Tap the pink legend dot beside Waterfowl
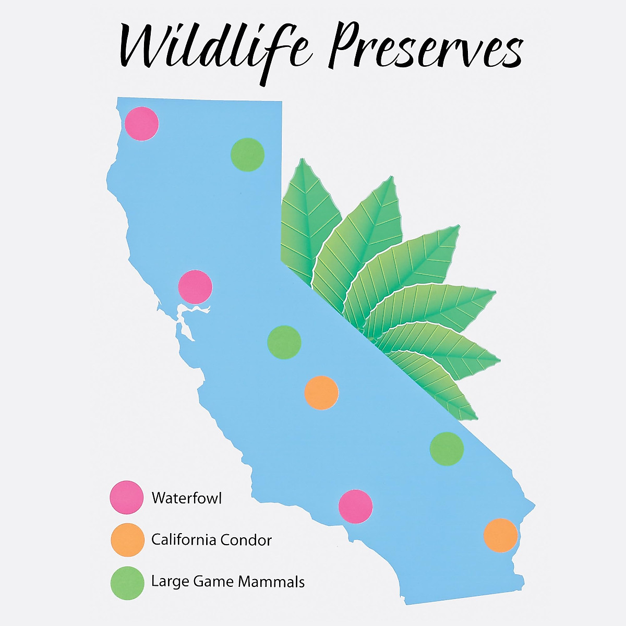[126, 497]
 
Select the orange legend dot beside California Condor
[127, 539]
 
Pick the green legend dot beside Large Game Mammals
[127, 583]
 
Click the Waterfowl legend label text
[187, 498]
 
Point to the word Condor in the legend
[246, 540]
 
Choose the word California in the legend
[184, 540]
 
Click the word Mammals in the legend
[271, 582]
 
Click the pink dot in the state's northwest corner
[142, 124]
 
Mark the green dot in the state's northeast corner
[248, 154]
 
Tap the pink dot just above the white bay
[195, 287]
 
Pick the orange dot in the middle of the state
[321, 393]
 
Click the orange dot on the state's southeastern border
[501, 535]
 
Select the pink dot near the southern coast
[355, 507]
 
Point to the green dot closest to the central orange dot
[284, 342]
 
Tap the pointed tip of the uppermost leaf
[303, 159]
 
